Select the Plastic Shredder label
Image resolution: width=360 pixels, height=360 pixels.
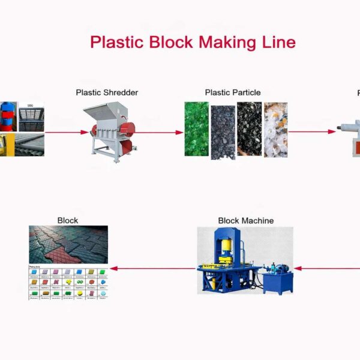click(107, 92)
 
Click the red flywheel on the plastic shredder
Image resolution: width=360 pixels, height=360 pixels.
click(128, 128)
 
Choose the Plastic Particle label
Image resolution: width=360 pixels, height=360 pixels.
click(233, 92)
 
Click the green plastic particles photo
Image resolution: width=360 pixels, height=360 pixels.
click(196, 129)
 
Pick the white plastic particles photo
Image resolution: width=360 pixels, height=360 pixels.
click(275, 129)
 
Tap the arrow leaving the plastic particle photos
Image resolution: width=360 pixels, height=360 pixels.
click(312, 131)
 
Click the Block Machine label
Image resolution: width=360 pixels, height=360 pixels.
click(245, 221)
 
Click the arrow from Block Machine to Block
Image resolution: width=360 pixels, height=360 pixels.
click(154, 269)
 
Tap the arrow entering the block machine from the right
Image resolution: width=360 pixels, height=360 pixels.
click(327, 269)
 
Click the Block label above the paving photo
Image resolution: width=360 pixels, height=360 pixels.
click(68, 221)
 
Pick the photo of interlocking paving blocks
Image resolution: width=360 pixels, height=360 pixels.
click(68, 244)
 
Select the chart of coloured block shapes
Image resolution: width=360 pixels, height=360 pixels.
click(68, 282)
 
